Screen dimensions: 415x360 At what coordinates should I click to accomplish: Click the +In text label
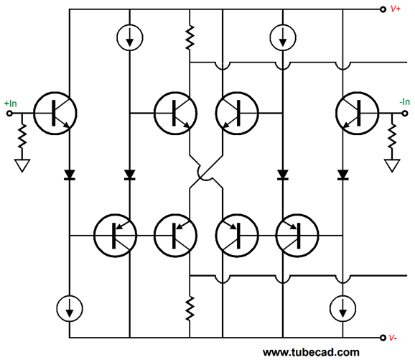coord(11,103)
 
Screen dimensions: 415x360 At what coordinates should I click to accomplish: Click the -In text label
coord(405,102)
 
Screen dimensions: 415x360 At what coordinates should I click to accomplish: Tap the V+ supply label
coord(396,9)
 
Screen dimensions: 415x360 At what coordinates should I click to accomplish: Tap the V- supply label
coord(393,338)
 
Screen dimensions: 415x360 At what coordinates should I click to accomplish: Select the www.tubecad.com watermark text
coord(311,352)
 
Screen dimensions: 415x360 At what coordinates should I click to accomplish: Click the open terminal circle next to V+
coord(383,9)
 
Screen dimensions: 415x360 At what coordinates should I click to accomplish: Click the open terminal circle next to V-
coord(383,338)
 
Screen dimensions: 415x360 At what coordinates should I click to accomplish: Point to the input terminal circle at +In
coord(9,114)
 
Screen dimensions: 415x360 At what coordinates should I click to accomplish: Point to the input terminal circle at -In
coord(405,114)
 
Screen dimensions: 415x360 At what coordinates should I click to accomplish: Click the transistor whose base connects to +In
coord(55,114)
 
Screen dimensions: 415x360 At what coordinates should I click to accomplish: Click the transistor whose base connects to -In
coord(357,114)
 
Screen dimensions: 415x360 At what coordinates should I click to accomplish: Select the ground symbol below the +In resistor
coord(22,165)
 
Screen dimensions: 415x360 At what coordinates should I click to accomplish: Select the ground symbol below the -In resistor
coord(392,165)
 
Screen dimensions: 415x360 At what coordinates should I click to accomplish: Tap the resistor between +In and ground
coord(22,136)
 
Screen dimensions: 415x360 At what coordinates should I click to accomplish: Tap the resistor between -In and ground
coord(392,136)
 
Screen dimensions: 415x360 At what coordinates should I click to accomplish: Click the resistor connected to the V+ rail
coord(190,37)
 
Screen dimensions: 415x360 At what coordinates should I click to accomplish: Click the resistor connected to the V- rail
coord(190,308)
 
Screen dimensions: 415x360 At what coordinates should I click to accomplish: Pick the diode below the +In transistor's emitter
coord(70,175)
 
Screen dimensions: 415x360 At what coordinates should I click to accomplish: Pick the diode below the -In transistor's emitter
coord(342,175)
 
